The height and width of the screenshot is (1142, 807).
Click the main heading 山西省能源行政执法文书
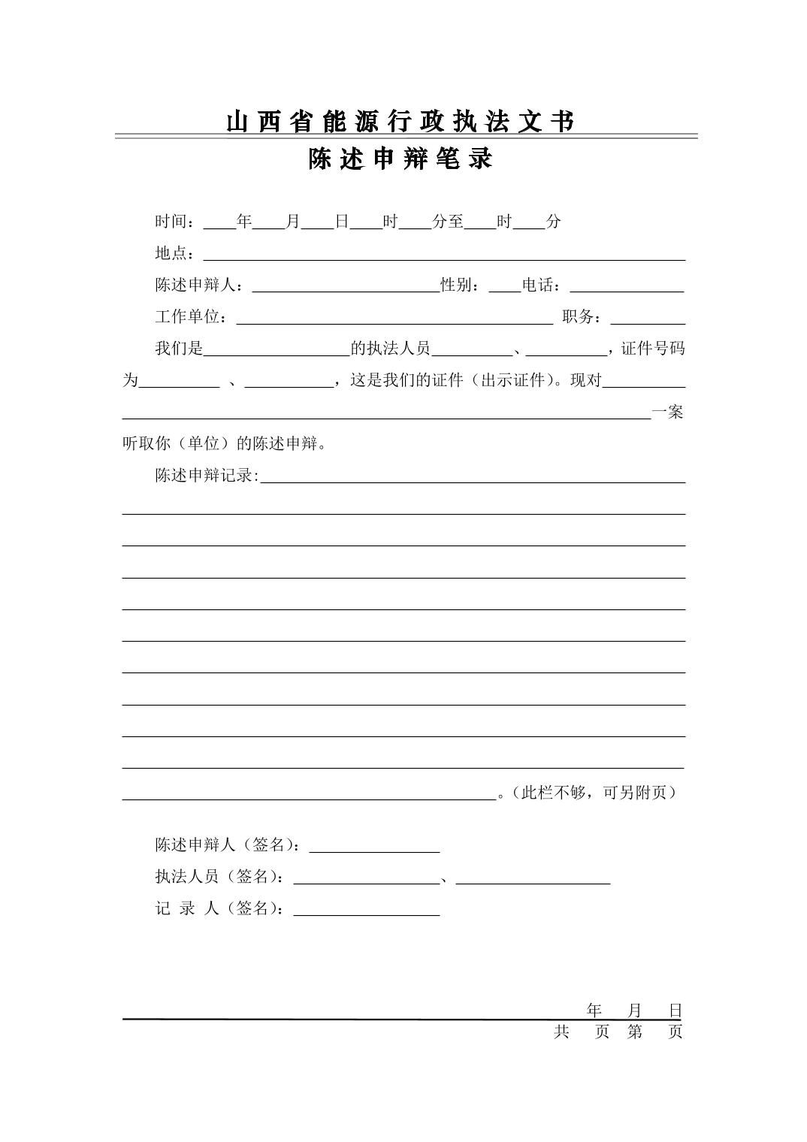(400, 122)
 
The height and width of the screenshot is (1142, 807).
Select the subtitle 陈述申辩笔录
(400, 159)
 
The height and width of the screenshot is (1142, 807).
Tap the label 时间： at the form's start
(178, 222)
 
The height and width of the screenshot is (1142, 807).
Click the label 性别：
(464, 285)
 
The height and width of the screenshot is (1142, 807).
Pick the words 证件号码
(653, 349)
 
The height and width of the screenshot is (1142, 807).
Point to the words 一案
(668, 412)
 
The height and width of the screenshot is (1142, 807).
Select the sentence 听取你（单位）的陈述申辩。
(225, 443)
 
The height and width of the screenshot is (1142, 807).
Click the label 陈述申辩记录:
(207, 476)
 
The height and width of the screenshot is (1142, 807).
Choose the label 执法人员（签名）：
(220, 877)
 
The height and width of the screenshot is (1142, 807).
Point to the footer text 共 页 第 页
(618, 1032)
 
